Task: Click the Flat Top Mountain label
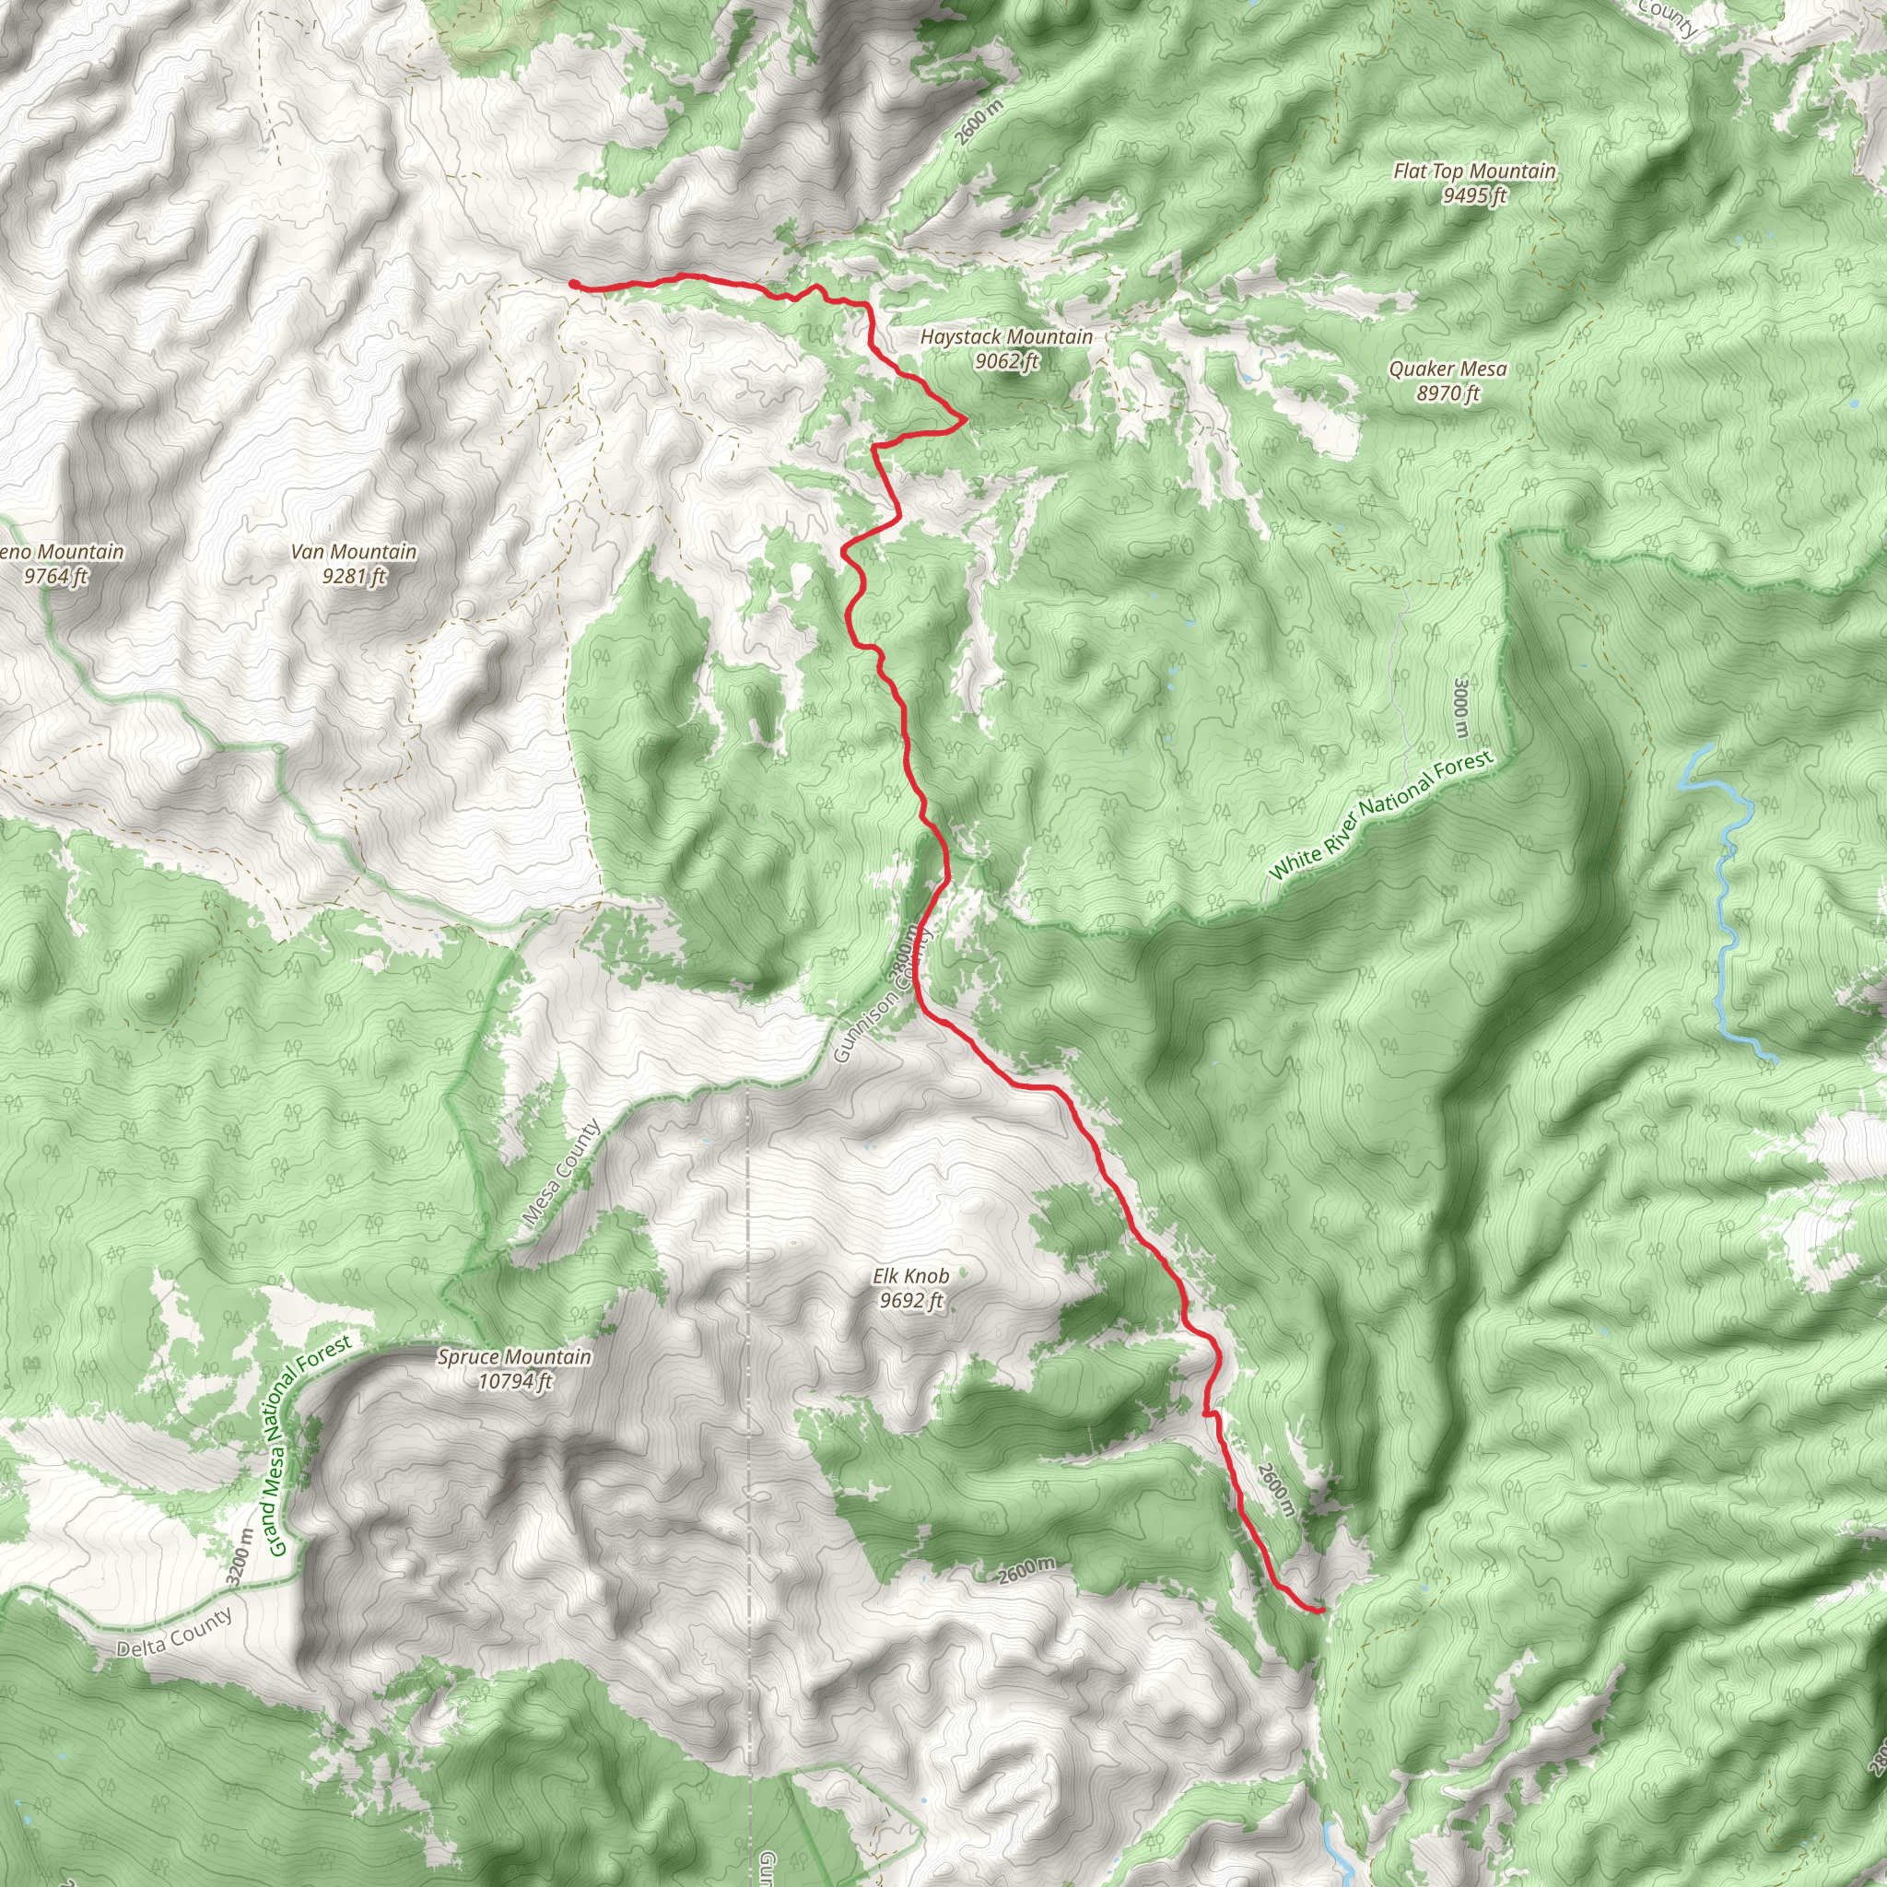pyautogui.click(x=1474, y=171)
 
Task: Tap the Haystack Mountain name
pyautogui.click(x=1006, y=337)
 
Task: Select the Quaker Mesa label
pyautogui.click(x=1447, y=369)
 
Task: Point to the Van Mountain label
pyautogui.click(x=354, y=553)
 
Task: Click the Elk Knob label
pyautogui.click(x=910, y=1275)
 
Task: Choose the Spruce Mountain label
pyautogui.click(x=514, y=1356)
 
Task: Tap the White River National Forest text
pyautogui.click(x=1381, y=815)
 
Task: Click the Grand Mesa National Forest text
pyautogui.click(x=308, y=1446)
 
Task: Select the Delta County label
pyautogui.click(x=175, y=1632)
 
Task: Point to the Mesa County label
pyautogui.click(x=562, y=1173)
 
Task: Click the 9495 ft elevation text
pyautogui.click(x=1474, y=195)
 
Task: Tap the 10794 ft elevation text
pyautogui.click(x=515, y=1381)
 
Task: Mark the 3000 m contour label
pyautogui.click(x=1460, y=709)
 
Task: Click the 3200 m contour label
pyautogui.click(x=239, y=1558)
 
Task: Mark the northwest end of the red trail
pyautogui.click(x=573, y=283)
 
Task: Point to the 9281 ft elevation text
pyautogui.click(x=354, y=576)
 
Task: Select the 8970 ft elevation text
pyautogui.click(x=1447, y=393)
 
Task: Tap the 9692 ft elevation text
pyautogui.click(x=910, y=1300)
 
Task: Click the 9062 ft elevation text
pyautogui.click(x=1006, y=361)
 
